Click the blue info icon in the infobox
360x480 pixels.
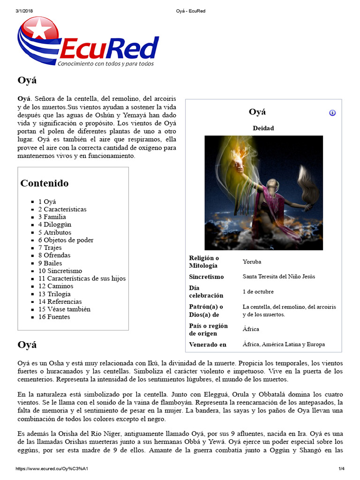(332, 112)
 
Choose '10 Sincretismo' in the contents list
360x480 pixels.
(60, 270)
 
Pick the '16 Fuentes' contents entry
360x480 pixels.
(54, 317)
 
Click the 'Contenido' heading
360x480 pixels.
(45, 183)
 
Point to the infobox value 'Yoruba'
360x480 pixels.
(252, 262)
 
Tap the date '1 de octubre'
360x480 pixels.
(258, 292)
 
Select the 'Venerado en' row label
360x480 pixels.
(208, 345)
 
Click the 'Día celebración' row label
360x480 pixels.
(206, 292)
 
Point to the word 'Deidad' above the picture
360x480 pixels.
(263, 128)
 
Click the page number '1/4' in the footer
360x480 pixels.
(342, 469)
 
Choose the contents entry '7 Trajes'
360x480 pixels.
(50, 247)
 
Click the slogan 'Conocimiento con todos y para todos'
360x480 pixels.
(105, 63)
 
